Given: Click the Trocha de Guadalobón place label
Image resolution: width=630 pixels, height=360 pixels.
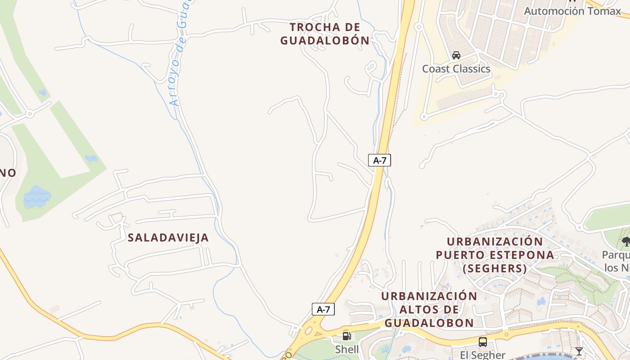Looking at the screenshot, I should [x=325, y=34].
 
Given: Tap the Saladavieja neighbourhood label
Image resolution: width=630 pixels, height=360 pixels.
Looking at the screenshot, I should [x=168, y=238].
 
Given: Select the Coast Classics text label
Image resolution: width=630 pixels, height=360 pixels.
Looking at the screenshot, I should [x=456, y=69].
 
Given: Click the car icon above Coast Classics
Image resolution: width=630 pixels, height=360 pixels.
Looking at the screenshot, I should [x=456, y=55].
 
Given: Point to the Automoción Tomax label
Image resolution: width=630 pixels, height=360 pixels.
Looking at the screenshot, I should [x=572, y=11].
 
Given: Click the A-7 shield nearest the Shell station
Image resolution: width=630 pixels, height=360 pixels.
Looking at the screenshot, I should [x=323, y=309].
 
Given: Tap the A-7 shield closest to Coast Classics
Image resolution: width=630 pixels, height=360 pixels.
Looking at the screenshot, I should [x=379, y=160].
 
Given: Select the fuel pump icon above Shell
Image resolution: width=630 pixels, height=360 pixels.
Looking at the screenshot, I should [x=346, y=336].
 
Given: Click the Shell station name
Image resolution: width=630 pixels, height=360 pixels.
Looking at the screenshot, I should [x=347, y=349].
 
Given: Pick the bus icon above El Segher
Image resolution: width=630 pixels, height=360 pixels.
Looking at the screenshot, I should [x=483, y=342].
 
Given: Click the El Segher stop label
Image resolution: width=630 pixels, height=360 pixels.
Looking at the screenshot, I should [x=483, y=355].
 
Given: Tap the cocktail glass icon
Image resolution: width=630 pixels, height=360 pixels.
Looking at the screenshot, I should [x=579, y=351].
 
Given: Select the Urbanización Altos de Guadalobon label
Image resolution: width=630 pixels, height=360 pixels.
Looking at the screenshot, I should [x=429, y=310].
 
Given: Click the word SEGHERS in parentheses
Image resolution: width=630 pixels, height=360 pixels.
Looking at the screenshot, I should [x=495, y=269].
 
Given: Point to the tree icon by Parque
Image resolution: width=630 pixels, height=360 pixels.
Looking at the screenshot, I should [x=626, y=242].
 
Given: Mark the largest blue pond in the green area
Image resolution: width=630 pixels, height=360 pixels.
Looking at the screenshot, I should [x=37, y=197].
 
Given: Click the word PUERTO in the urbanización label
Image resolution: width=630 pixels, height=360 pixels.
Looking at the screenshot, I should [x=463, y=255].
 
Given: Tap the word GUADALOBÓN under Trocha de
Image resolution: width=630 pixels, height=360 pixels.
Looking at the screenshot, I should [x=325, y=40].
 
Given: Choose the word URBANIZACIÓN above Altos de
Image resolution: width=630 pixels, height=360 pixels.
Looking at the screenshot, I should [x=429, y=296].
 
